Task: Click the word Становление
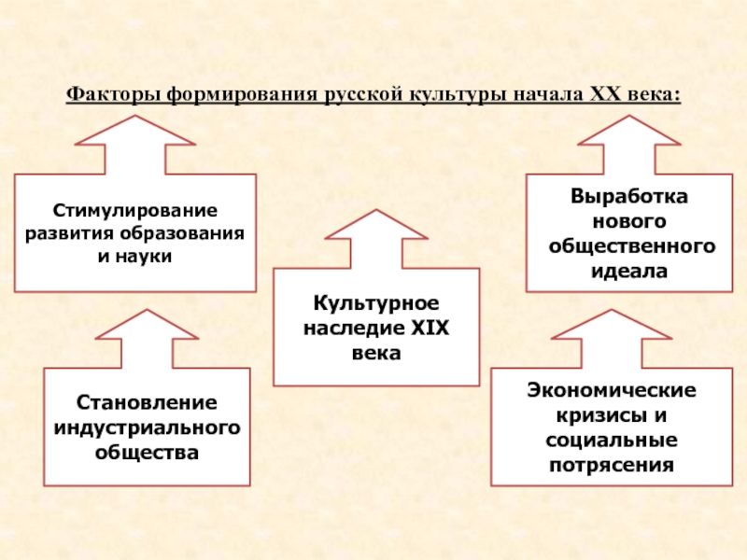tap(147, 404)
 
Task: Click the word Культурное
tap(375, 306)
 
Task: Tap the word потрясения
tap(613, 464)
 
